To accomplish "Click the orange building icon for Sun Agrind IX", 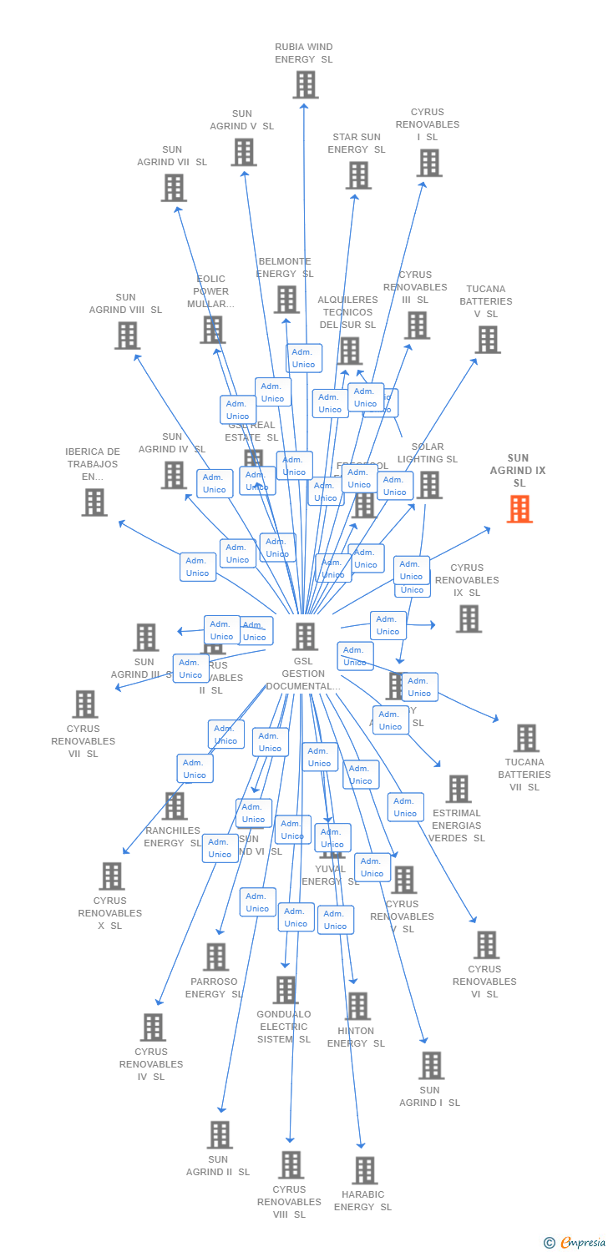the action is (519, 508).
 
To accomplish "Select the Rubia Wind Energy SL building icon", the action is (306, 84).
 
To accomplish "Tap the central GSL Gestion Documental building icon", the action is (305, 636).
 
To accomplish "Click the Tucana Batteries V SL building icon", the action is (488, 339).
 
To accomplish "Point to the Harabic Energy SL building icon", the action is (364, 1170).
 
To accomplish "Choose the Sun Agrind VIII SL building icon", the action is (127, 335).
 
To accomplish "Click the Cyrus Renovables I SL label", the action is (428, 124).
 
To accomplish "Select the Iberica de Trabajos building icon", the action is (94, 502).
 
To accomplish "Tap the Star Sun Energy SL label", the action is (357, 144).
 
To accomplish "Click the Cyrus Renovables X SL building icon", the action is (112, 876).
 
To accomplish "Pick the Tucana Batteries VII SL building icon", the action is (525, 738).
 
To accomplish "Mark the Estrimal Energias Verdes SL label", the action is (457, 825).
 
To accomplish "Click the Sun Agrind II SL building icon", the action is (220, 1134).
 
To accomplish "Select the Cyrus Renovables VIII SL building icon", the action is (291, 1164).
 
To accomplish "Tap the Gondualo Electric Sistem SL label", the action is (284, 1027).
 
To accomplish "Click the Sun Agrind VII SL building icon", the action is (174, 188).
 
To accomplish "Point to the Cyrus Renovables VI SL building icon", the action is (486, 944).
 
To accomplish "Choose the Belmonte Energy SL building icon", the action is (286, 299).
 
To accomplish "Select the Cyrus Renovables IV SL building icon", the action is (153, 1027).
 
